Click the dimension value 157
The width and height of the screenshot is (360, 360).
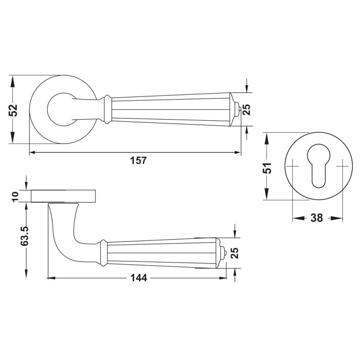pos(138,160)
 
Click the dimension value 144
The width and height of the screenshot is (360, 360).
pos(139,278)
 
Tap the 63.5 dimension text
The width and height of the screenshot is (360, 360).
pos(24,237)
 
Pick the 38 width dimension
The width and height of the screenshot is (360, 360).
pos(316,217)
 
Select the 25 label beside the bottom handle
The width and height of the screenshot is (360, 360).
pos(234,253)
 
